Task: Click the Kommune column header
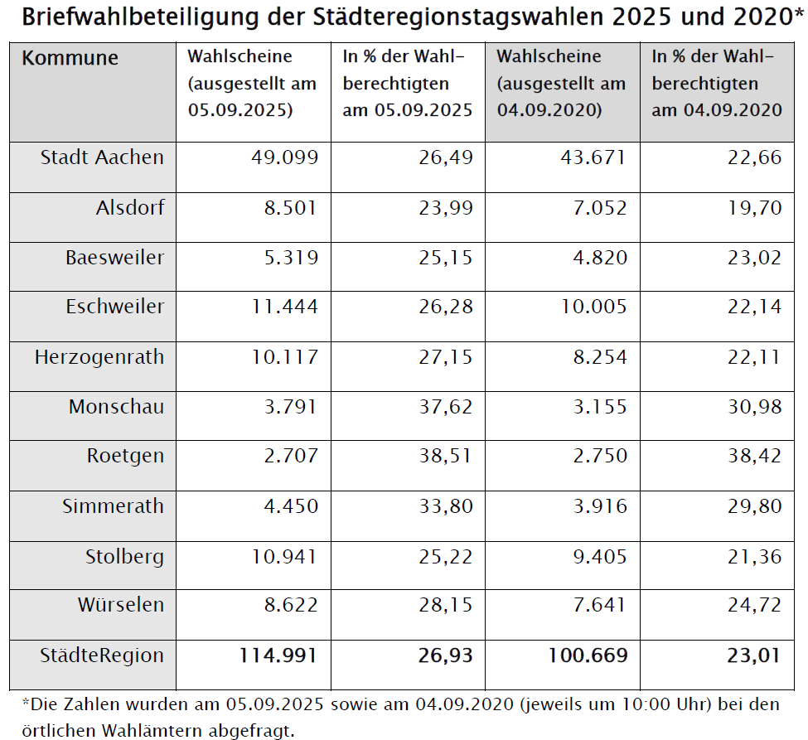pyautogui.click(x=70, y=58)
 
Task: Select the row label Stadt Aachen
pyautogui.click(x=102, y=157)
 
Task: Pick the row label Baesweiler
pyautogui.click(x=114, y=257)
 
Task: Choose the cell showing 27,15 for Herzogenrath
pyautogui.click(x=445, y=357)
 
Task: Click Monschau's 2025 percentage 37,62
pyautogui.click(x=445, y=407)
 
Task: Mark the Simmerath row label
pyautogui.click(x=113, y=505)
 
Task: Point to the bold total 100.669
pyautogui.click(x=588, y=655)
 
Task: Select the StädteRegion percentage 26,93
pyautogui.click(x=443, y=655)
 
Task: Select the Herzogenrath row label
pyautogui.click(x=99, y=357)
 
